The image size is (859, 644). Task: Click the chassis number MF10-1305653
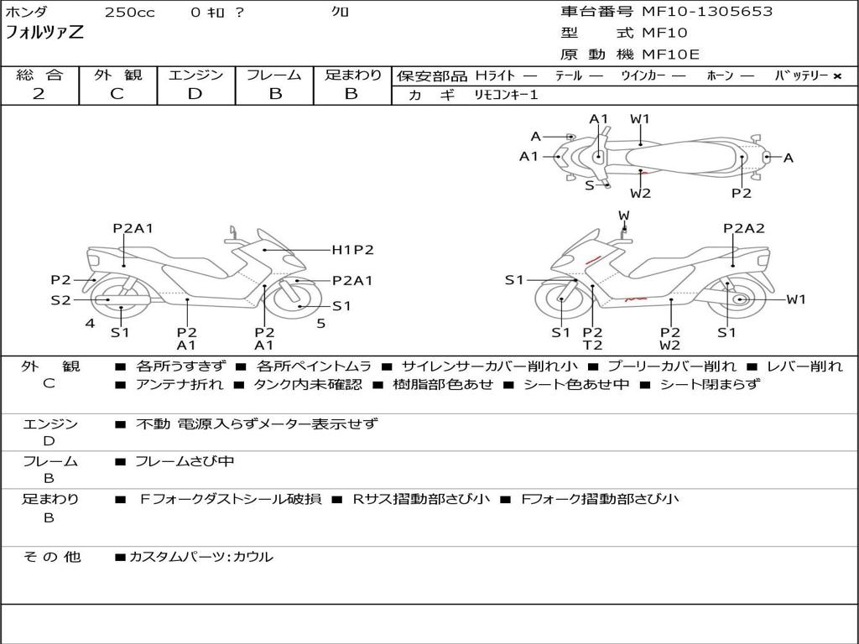pyautogui.click(x=707, y=12)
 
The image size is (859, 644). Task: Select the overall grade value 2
pyautogui.click(x=39, y=94)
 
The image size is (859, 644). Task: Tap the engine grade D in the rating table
pyautogui.click(x=195, y=94)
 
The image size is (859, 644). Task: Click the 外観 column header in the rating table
pyautogui.click(x=117, y=75)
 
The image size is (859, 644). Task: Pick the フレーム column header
pyautogui.click(x=274, y=75)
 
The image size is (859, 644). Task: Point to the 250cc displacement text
pyautogui.click(x=129, y=13)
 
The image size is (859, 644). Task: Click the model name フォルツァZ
pyautogui.click(x=44, y=34)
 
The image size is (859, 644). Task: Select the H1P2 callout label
pyautogui.click(x=352, y=249)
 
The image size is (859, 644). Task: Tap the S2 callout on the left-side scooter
pyautogui.click(x=60, y=299)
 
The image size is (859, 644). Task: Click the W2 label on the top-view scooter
pyautogui.click(x=641, y=193)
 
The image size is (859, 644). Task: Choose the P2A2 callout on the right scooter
pyautogui.click(x=744, y=228)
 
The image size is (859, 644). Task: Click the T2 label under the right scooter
pyautogui.click(x=592, y=345)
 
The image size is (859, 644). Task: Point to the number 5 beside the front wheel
pyautogui.click(x=320, y=324)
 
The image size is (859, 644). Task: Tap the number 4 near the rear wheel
pyautogui.click(x=89, y=324)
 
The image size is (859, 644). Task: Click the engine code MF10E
pyautogui.click(x=670, y=55)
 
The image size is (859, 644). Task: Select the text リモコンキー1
pyautogui.click(x=506, y=95)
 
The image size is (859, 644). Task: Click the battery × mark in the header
pyautogui.click(x=836, y=76)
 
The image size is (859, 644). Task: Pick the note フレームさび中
pyautogui.click(x=185, y=461)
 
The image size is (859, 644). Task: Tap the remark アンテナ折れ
pyautogui.click(x=180, y=385)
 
